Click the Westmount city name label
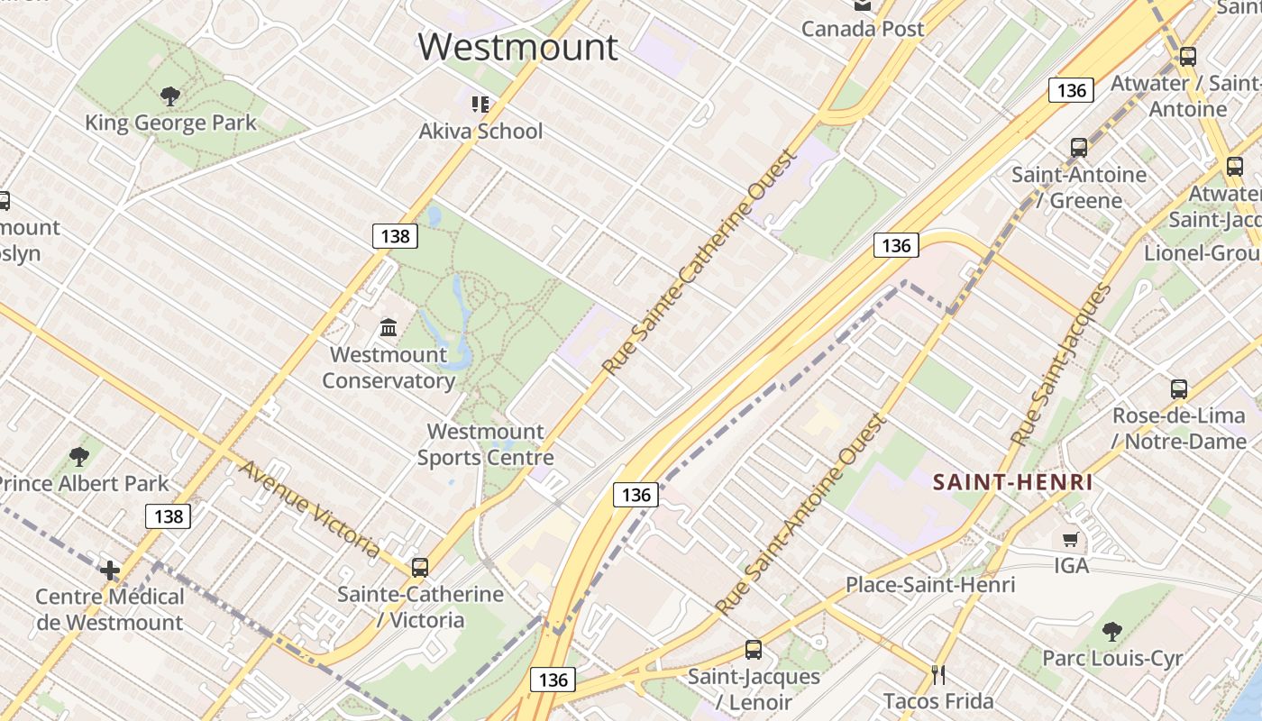pos(518,47)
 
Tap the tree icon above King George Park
pos(169,96)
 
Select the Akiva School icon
pos(480,105)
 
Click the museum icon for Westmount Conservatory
pos(389,327)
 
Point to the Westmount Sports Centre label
pos(485,444)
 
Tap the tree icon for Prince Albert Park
pos(79,457)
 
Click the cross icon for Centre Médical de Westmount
pos(110,570)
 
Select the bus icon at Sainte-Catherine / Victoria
pos(420,568)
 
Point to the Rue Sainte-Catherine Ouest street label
pos(700,261)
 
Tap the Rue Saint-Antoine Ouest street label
pos(800,514)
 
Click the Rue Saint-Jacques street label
pos(1061,365)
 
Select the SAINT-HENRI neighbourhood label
pos(1013,482)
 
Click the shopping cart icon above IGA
pos(1070,540)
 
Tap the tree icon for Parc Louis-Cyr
pos(1112,631)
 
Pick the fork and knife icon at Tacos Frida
pos(938,674)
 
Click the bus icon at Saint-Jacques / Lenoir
pos(754,649)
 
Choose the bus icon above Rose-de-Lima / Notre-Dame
pos(1178,389)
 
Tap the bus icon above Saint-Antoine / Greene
pos(1078,148)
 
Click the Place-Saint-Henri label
pos(930,585)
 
